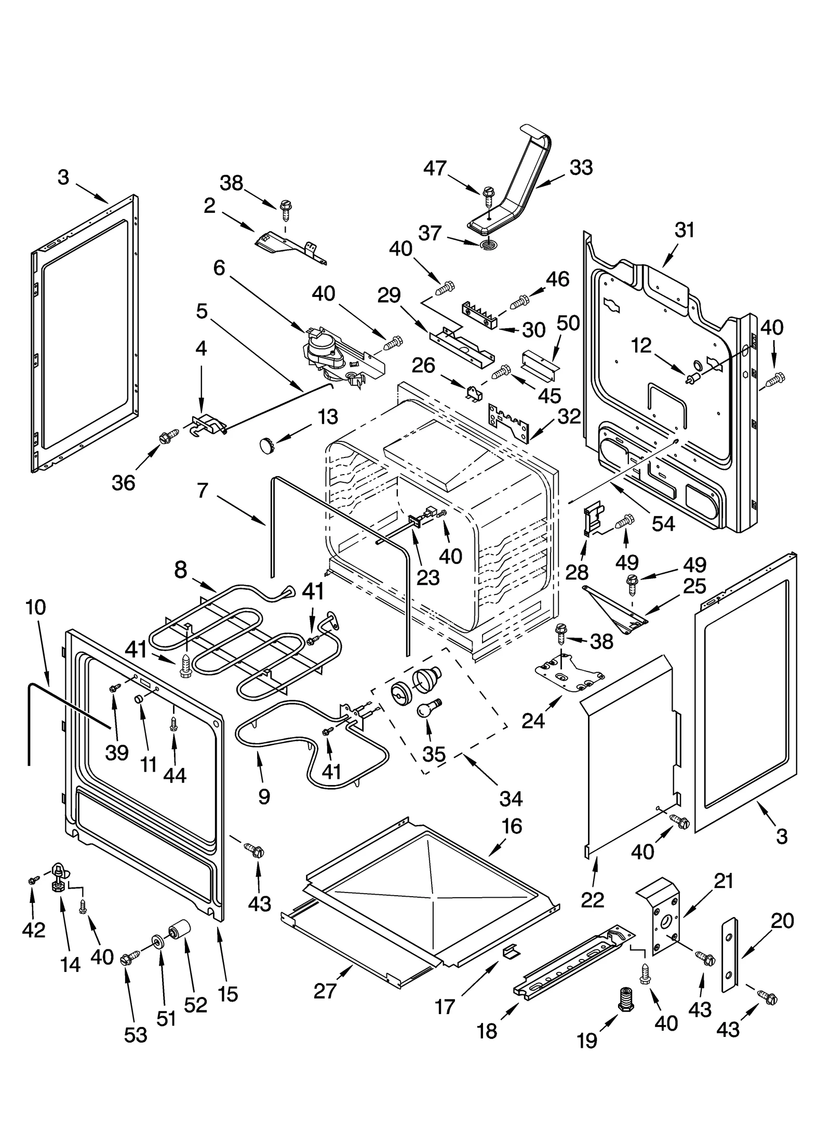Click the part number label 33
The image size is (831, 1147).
[581, 168]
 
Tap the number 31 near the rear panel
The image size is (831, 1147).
[684, 230]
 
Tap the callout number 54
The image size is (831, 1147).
[663, 523]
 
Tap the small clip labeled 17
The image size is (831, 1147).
[511, 950]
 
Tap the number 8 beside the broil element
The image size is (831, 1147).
[180, 570]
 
